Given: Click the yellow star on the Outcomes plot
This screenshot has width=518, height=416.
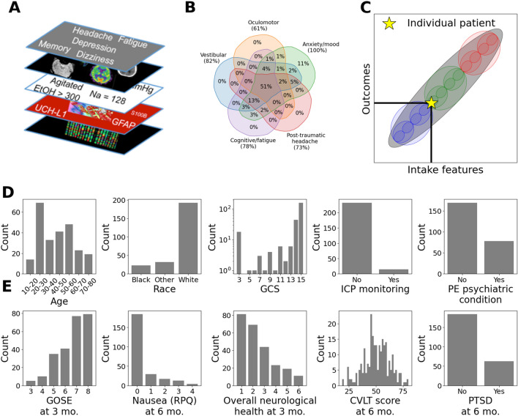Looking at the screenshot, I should pyautogui.click(x=431, y=103).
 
